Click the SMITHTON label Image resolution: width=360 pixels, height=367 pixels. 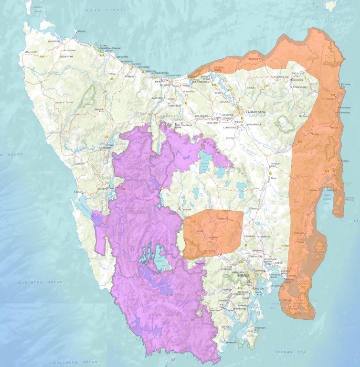tap(53, 42)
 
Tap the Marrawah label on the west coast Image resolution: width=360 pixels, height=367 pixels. tap(32, 52)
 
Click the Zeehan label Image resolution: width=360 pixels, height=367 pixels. tap(79, 163)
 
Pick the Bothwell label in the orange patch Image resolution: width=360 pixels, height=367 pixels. tap(221, 219)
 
